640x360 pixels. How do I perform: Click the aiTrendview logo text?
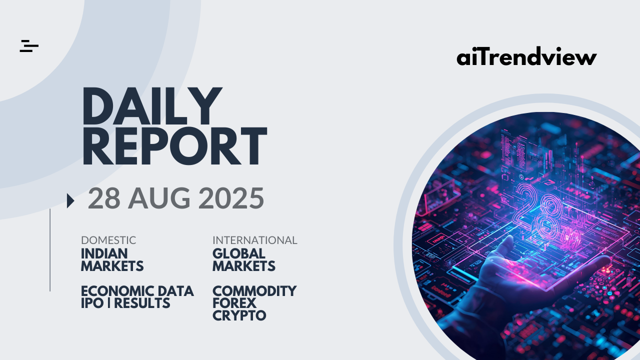click(x=526, y=56)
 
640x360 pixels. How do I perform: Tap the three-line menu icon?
click(x=29, y=46)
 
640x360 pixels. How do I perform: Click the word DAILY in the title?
click(x=152, y=106)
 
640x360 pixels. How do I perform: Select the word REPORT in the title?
click(x=174, y=146)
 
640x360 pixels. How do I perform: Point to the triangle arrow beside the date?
click(x=70, y=200)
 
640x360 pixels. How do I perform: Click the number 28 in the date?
click(x=104, y=198)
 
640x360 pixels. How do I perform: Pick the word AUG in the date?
click(x=159, y=198)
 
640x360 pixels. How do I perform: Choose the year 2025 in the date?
click(x=231, y=198)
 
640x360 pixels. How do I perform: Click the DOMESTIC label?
click(x=108, y=240)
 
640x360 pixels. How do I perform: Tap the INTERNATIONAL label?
click(x=255, y=240)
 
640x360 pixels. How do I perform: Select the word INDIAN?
click(x=104, y=253)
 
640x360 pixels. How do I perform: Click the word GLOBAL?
click(x=239, y=253)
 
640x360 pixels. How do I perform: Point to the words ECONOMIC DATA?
click(x=137, y=291)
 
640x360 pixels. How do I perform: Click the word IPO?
click(x=92, y=303)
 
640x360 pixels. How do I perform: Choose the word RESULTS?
click(x=142, y=303)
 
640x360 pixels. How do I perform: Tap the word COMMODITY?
click(x=254, y=291)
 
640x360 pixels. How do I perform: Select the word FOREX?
click(x=234, y=303)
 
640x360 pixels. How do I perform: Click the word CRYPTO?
click(x=239, y=315)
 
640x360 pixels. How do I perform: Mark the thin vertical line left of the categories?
click(x=50, y=250)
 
